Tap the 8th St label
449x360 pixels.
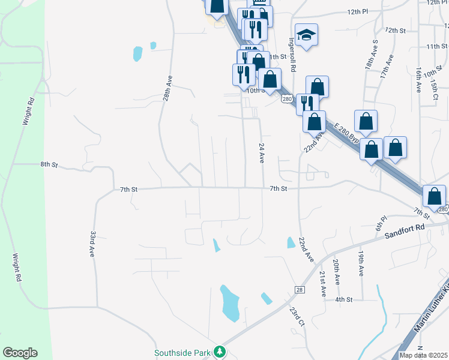click(x=49, y=164)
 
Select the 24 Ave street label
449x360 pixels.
click(x=262, y=153)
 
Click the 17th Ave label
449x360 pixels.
click(x=389, y=68)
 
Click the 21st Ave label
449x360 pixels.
click(x=322, y=284)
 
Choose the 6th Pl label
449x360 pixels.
click(x=379, y=223)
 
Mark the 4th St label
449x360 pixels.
click(x=343, y=299)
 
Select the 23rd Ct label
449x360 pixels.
click(x=298, y=317)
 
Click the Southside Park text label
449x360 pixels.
click(x=183, y=353)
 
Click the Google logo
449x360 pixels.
click(x=20, y=353)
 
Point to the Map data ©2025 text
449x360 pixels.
click(x=423, y=355)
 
